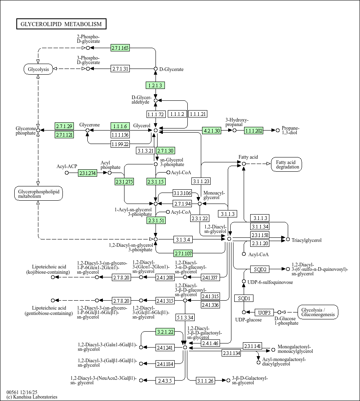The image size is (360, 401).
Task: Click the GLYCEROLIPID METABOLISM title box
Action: tap(61, 24)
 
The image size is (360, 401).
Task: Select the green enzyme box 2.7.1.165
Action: tap(120, 48)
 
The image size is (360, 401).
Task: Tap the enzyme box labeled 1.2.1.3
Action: tap(155, 85)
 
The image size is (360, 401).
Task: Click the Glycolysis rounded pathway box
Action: tap(38, 69)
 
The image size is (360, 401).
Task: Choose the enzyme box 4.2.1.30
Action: tap(211, 131)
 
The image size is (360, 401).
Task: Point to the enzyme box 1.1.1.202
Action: tap(254, 131)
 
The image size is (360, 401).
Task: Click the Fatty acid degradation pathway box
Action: tap(288, 164)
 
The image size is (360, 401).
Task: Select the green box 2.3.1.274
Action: tap(87, 173)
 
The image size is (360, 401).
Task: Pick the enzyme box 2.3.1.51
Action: tap(156, 221)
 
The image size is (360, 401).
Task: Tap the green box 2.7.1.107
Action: tap(183, 253)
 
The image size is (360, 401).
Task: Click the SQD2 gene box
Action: tap(260, 269)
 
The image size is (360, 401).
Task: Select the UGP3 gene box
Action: tap(264, 313)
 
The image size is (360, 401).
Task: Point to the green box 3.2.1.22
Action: tap(165, 332)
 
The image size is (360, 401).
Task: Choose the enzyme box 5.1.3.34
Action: tap(185, 317)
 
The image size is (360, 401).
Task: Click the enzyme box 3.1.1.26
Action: tap(205, 381)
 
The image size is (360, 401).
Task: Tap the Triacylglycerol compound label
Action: tap(307, 240)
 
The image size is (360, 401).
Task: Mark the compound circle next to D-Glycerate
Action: tap(156, 69)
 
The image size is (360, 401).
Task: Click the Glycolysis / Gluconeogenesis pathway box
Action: tap(318, 312)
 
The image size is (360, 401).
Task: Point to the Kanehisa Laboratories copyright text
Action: tap(32, 397)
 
